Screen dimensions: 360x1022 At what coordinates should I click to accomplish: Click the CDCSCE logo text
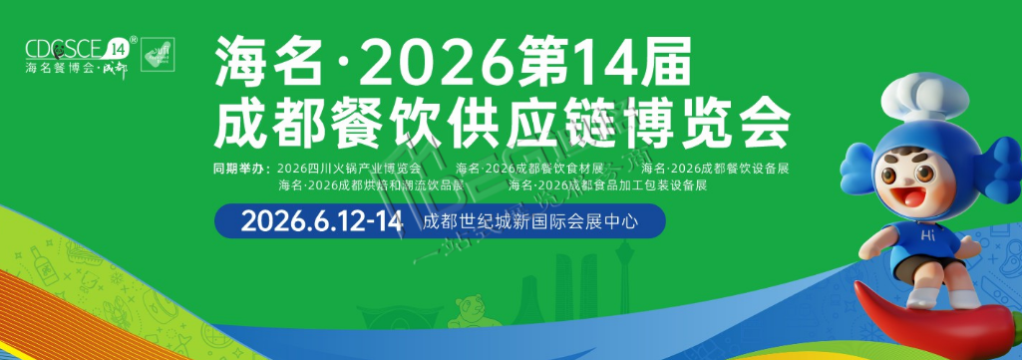tap(64, 48)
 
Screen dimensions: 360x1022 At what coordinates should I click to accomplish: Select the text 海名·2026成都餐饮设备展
tap(716, 167)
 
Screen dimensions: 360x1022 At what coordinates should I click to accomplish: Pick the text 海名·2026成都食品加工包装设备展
tap(607, 184)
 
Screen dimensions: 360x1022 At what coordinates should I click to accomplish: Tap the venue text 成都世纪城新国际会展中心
tap(530, 220)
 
